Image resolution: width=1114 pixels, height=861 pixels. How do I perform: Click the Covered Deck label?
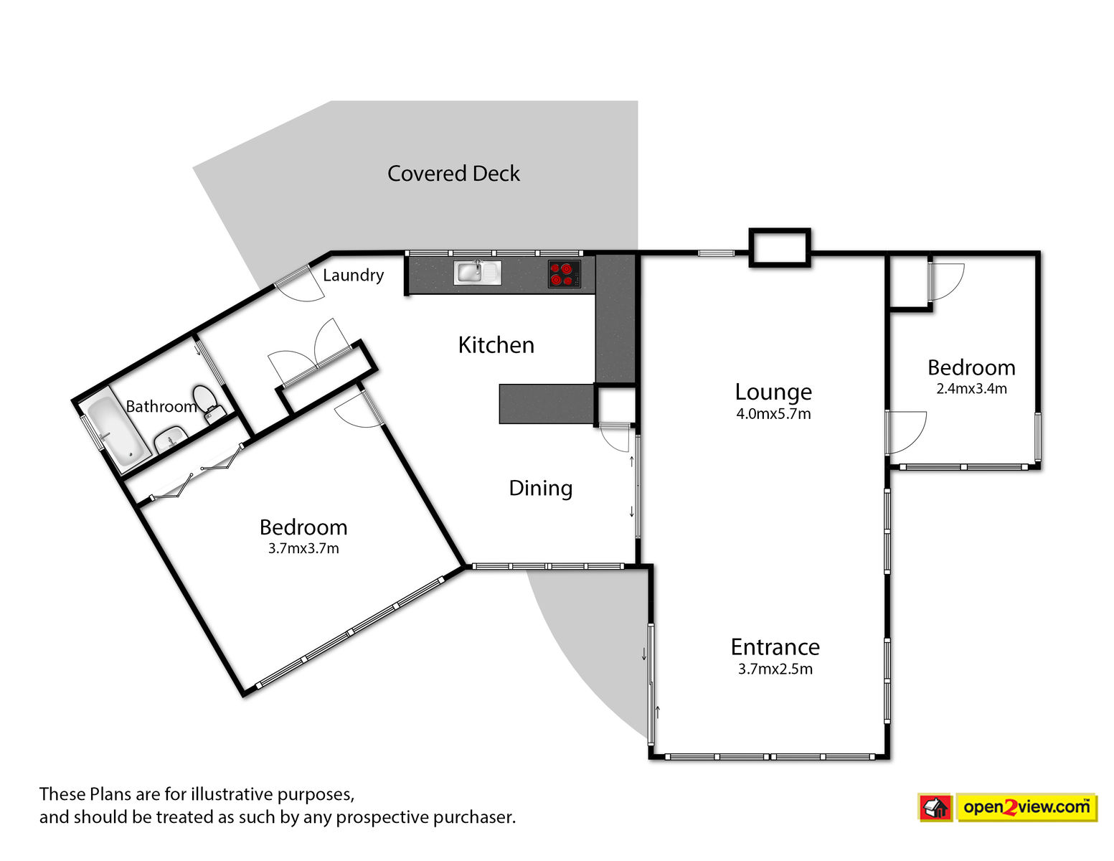tap(453, 174)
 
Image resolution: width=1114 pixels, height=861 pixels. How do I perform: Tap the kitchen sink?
tap(477, 273)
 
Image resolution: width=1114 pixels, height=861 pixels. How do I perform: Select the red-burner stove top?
tap(564, 274)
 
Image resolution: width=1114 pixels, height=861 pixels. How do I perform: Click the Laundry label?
tap(353, 276)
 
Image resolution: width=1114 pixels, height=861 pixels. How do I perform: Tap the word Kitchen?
tap(496, 345)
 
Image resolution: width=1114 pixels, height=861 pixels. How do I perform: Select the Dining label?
tap(540, 488)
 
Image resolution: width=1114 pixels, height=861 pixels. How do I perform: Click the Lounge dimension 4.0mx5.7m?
tap(773, 414)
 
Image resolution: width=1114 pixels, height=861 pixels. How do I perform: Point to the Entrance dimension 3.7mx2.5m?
tap(775, 669)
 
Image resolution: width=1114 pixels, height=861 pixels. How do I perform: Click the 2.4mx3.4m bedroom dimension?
tap(971, 389)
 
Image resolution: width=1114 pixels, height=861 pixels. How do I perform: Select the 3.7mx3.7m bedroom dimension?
tap(303, 548)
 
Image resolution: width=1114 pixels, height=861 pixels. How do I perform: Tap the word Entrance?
tap(775, 647)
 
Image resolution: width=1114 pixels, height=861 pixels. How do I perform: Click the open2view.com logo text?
tap(1026, 806)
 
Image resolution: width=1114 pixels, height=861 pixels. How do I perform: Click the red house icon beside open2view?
tap(935, 808)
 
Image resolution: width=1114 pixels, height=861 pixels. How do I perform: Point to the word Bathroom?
tap(161, 407)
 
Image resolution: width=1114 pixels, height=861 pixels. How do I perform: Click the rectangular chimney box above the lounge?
tap(780, 248)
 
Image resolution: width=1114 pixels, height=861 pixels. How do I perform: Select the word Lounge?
tap(773, 392)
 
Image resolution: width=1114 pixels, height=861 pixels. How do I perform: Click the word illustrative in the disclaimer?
tap(232, 794)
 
